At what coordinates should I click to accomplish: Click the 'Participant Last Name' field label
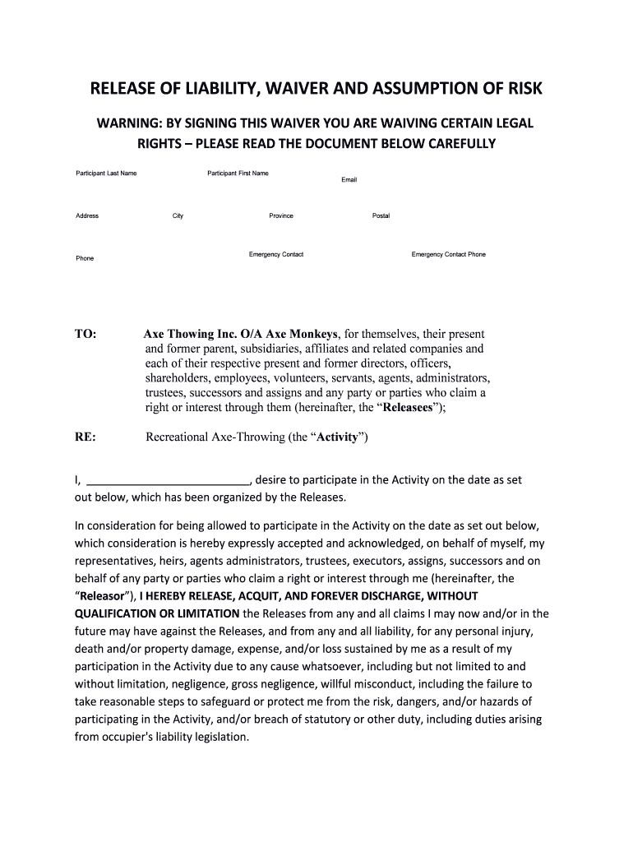click(x=106, y=173)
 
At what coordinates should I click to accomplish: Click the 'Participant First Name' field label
click(x=238, y=173)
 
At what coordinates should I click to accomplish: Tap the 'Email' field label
click(x=349, y=179)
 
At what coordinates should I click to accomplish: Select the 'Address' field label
click(x=87, y=215)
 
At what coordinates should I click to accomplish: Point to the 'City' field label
click(x=178, y=215)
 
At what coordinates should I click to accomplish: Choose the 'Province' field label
click(x=281, y=215)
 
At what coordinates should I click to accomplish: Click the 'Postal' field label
click(x=381, y=215)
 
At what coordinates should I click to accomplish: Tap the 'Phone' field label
click(x=85, y=258)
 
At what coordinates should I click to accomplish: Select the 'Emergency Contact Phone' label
click(x=448, y=254)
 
